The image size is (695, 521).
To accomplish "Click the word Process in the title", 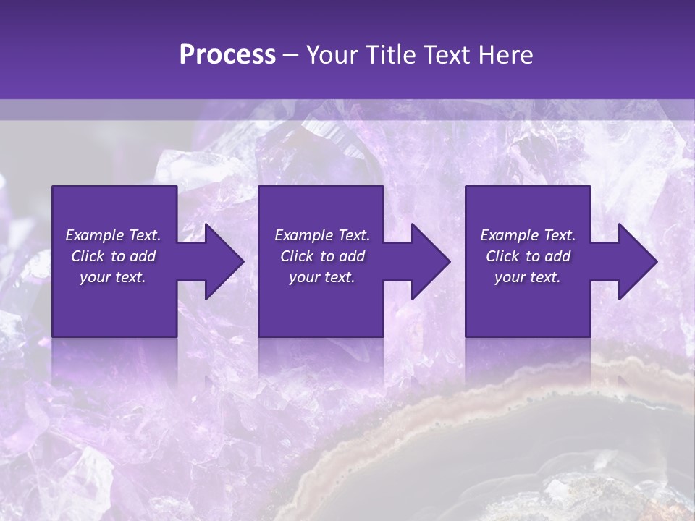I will (x=227, y=55).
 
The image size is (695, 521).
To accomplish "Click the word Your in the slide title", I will (x=331, y=55).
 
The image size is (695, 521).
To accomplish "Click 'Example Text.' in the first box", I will (x=114, y=235).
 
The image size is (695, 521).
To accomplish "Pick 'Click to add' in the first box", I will (x=114, y=256).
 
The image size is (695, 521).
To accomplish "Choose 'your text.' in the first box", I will (x=114, y=277).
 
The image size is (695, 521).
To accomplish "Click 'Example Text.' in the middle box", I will (x=322, y=235).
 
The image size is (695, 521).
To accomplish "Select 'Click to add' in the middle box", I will (x=322, y=256).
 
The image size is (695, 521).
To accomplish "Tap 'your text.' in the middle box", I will (x=322, y=277).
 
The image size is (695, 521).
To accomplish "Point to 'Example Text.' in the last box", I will (x=528, y=235).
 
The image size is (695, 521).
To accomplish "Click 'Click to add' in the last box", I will (x=528, y=256).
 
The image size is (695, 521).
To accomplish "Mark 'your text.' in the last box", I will (x=528, y=277).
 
